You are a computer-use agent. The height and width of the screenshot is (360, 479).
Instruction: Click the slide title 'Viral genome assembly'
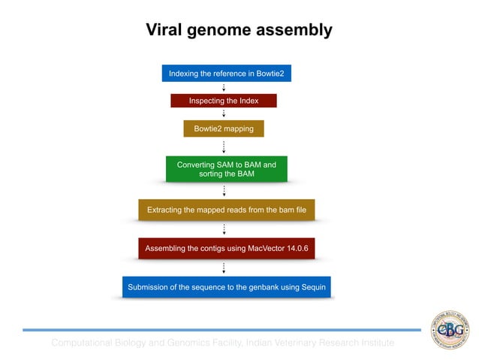(x=239, y=31)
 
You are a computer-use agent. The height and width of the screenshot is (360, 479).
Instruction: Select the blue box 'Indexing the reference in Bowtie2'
(x=226, y=74)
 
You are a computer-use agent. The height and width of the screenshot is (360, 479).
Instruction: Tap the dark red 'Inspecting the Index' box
(x=224, y=101)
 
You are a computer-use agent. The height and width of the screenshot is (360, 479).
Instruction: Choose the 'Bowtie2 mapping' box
(x=224, y=129)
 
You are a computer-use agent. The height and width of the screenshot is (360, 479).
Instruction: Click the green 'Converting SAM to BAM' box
(x=226, y=169)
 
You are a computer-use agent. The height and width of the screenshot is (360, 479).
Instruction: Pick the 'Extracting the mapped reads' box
(x=226, y=210)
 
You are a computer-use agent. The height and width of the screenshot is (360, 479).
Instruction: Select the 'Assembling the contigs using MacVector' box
(x=226, y=248)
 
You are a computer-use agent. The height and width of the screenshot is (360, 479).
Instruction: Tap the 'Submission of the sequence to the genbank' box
(x=226, y=287)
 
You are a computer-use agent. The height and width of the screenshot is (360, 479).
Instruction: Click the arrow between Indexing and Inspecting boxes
(x=224, y=88)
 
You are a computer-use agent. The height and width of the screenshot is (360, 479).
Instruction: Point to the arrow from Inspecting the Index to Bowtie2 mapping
(x=224, y=114)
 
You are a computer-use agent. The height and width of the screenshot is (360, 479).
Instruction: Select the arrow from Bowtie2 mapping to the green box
(x=224, y=147)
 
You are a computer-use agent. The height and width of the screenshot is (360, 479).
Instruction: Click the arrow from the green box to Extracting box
(x=224, y=191)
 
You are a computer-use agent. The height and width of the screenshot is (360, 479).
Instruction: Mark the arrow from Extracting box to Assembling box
(x=224, y=229)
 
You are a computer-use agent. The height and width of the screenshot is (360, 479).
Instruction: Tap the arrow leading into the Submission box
(x=224, y=268)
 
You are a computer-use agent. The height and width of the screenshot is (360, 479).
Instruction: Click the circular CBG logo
(x=447, y=328)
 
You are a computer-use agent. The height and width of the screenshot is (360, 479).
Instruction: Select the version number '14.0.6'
(x=294, y=248)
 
